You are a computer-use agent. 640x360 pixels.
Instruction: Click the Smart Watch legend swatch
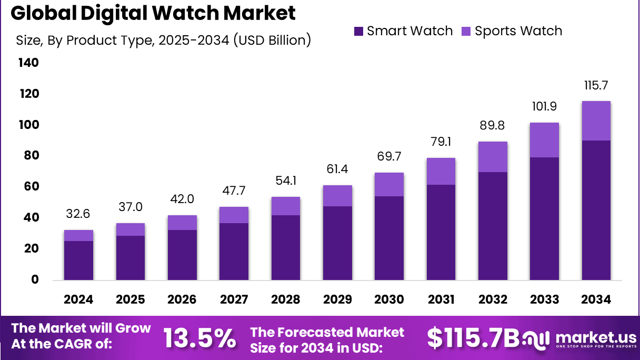(359, 31)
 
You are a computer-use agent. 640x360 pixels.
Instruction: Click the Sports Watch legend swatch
(467, 31)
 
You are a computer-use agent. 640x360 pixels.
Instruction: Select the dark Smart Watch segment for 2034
(596, 210)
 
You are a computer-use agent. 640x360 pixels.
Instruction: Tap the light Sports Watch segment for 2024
(78, 235)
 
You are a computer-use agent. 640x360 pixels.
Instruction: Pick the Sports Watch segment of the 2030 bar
(389, 184)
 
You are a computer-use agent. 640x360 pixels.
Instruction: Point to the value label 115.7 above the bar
(596, 85)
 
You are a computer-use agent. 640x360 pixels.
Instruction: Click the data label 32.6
(78, 214)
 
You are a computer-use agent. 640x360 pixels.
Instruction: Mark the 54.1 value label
(285, 181)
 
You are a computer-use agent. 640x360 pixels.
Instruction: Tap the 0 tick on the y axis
(35, 279)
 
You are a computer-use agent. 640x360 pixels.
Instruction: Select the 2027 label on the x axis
(234, 299)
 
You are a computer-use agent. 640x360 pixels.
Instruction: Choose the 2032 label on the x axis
(493, 299)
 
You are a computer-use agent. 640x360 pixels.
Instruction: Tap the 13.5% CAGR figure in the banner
(199, 337)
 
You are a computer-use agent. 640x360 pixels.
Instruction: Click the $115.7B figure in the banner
(472, 337)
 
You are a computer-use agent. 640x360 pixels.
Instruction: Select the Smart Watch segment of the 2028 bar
(285, 247)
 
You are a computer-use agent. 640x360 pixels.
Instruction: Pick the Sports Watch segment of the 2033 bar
(544, 140)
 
